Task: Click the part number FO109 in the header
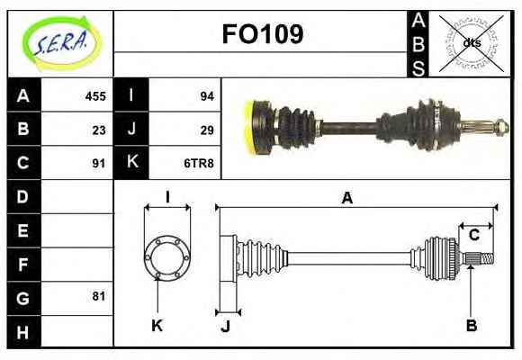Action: click(x=263, y=34)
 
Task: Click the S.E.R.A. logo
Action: click(x=61, y=44)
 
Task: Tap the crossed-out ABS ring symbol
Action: click(x=471, y=43)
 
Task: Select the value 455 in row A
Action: click(x=95, y=96)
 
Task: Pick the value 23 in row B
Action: click(x=99, y=130)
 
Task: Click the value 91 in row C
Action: click(x=99, y=164)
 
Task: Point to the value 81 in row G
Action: click(x=99, y=296)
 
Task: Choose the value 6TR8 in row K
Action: click(x=199, y=164)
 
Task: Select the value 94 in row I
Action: click(x=207, y=96)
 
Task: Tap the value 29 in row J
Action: click(x=207, y=130)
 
